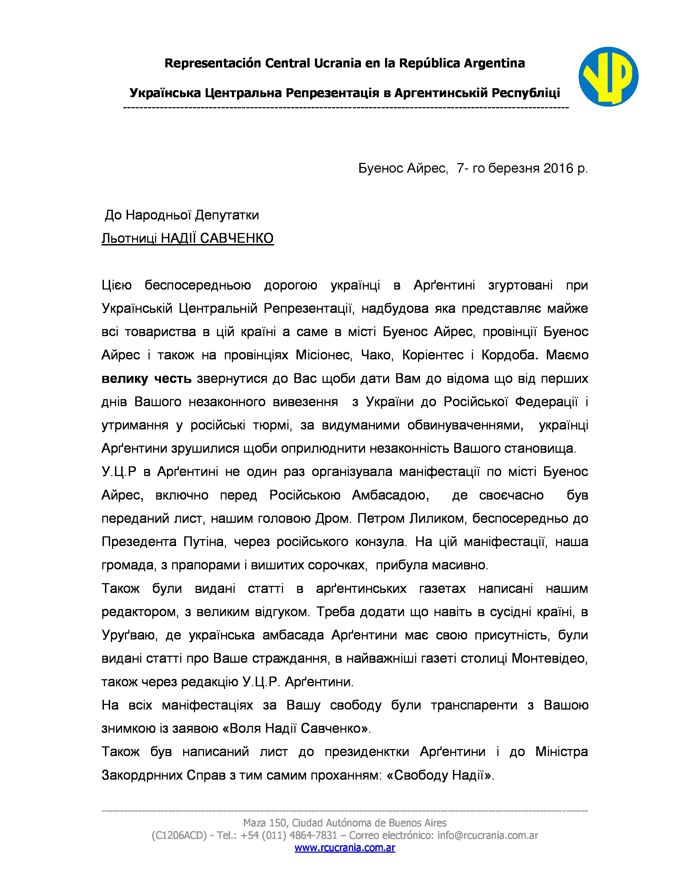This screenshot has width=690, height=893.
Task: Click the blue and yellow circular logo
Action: (x=608, y=77)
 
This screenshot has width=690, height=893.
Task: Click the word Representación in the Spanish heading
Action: (x=213, y=63)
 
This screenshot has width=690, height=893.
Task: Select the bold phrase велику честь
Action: (x=146, y=379)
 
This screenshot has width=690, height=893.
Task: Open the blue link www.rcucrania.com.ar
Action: (x=344, y=848)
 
